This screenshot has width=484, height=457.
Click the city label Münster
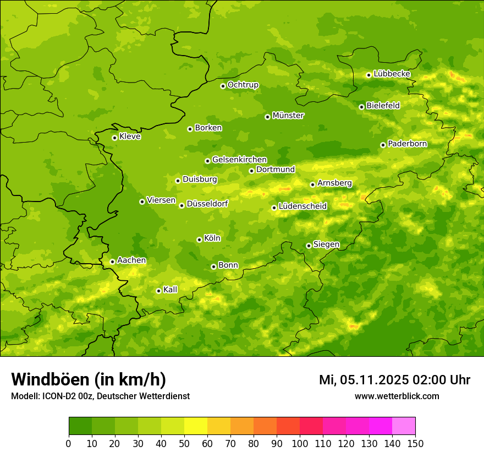tap(288, 116)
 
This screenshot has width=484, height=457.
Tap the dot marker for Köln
tap(199, 240)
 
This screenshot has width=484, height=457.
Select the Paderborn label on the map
tap(408, 144)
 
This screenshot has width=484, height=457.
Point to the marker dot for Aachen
tap(112, 262)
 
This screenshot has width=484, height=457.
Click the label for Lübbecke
tap(392, 74)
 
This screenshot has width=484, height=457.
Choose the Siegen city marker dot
tap(309, 246)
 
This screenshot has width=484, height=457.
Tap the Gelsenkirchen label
tap(239, 160)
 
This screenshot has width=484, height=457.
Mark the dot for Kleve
tap(114, 138)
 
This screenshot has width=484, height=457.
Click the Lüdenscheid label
tap(302, 206)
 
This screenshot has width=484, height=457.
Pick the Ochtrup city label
tap(243, 85)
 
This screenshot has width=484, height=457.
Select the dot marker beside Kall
tap(158, 291)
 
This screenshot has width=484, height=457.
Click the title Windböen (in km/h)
tap(89, 379)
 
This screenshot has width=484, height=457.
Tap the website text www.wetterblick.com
tap(397, 396)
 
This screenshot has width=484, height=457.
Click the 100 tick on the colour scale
tap(300, 443)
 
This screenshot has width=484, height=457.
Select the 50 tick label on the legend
tap(184, 443)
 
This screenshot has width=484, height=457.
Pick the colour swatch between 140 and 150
tap(404, 426)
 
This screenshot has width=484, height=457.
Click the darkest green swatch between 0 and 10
tap(80, 426)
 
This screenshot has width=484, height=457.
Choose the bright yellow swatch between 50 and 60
tap(196, 426)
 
